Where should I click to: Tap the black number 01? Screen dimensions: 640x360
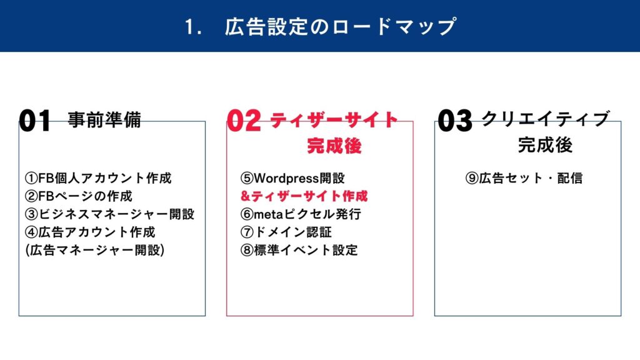(35, 121)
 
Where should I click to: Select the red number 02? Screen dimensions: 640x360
(244, 121)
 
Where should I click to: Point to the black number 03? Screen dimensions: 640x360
(455, 121)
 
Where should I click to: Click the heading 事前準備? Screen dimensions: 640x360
(104, 119)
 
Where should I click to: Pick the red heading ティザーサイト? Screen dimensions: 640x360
(334, 120)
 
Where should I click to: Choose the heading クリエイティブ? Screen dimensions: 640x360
(545, 119)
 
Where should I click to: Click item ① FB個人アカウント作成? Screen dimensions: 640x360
(98, 178)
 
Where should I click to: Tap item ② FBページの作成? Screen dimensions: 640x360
(79, 196)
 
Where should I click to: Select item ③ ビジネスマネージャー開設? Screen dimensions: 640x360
(110, 214)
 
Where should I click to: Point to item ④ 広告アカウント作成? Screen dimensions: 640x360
(90, 232)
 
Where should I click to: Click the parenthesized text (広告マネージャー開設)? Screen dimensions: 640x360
(95, 250)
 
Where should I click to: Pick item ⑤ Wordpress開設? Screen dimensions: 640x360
(292, 178)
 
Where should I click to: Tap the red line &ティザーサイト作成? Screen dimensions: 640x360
(304, 196)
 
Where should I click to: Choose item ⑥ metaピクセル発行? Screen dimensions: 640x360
(301, 214)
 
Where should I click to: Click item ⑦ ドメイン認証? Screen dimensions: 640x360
(286, 232)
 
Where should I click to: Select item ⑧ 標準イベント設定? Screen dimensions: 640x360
(299, 250)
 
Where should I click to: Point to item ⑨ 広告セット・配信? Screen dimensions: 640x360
(524, 178)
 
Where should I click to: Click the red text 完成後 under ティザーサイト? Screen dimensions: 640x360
(334, 146)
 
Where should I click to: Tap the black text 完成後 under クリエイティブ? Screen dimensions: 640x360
(545, 145)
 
